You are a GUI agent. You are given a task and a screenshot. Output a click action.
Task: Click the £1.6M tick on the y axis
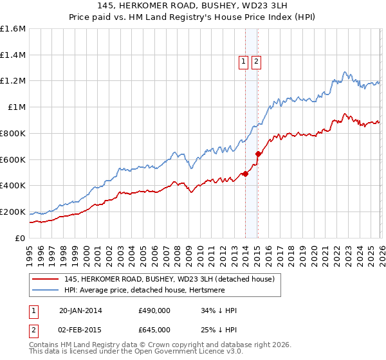point(12,29)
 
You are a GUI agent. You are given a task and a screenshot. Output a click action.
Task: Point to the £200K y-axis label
point(12,212)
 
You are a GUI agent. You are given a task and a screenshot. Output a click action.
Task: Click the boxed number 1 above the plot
point(244,62)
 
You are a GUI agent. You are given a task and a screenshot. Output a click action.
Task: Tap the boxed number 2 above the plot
point(256,62)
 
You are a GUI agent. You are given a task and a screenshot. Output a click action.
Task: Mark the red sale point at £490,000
point(245,174)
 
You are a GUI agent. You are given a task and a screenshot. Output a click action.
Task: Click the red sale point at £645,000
point(257,154)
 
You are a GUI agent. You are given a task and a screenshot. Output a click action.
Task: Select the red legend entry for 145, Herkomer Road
point(169,279)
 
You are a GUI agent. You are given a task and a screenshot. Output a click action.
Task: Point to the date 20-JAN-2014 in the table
point(80,310)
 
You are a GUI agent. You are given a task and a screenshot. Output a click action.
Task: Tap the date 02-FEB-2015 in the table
point(80,329)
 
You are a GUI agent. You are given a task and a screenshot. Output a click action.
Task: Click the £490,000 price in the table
point(154,310)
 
